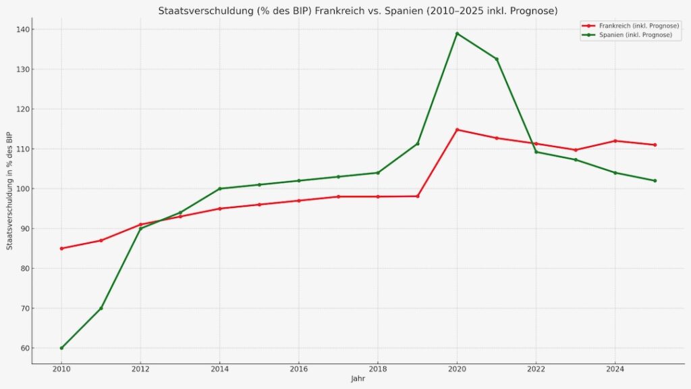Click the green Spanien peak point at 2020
pyautogui.click(x=457, y=34)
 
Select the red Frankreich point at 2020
pyautogui.click(x=457, y=130)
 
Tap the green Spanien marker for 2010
pyautogui.click(x=61, y=348)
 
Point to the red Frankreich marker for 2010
pyautogui.click(x=61, y=249)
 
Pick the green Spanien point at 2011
pyautogui.click(x=101, y=308)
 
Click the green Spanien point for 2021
pyautogui.click(x=497, y=59)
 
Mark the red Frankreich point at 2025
pyautogui.click(x=655, y=145)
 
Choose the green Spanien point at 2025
pyautogui.click(x=655, y=180)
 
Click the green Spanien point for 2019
pyautogui.click(x=418, y=143)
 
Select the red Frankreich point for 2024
pyautogui.click(x=615, y=140)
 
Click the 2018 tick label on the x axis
pyautogui.click(x=378, y=370)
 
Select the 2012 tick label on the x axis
pyautogui.click(x=140, y=370)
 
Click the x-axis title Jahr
pyautogui.click(x=358, y=379)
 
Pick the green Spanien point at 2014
pyautogui.click(x=219, y=188)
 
